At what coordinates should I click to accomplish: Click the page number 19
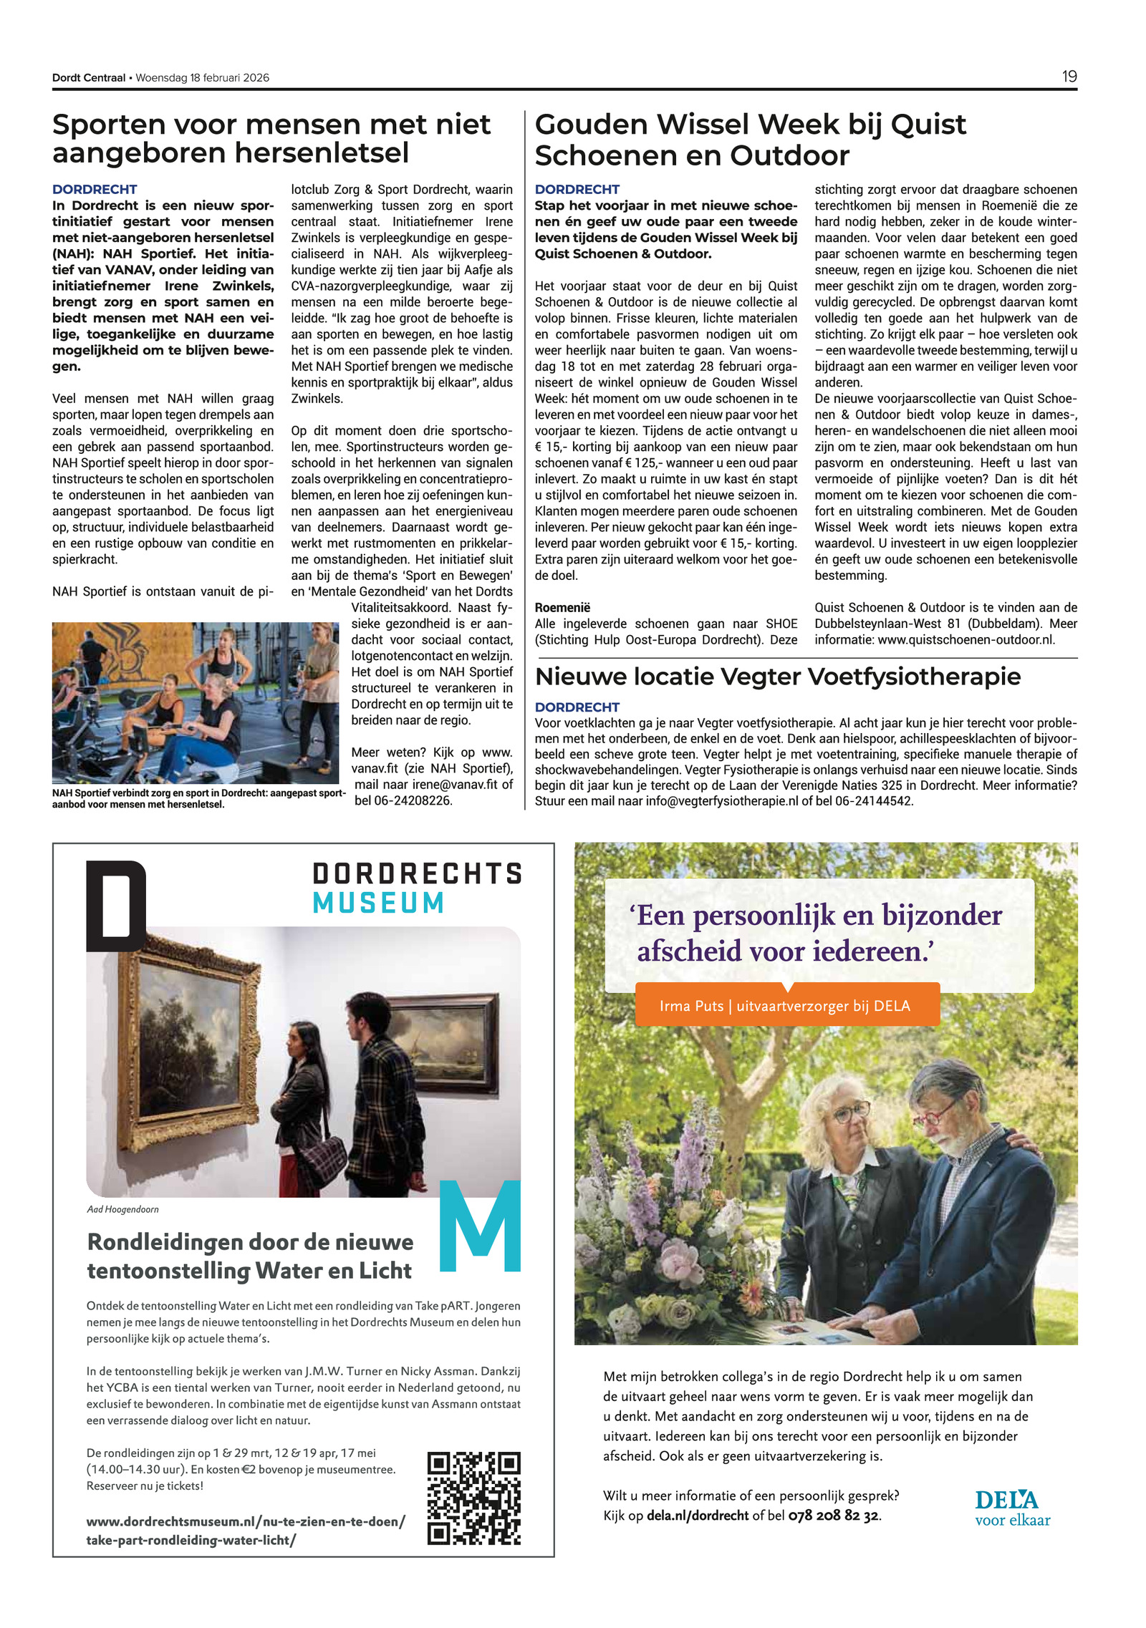[1069, 77]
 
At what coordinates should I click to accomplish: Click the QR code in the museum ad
[473, 1498]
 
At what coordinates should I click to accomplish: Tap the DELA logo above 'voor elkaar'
[1006, 1499]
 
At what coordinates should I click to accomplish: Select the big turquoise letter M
[480, 1226]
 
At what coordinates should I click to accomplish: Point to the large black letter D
[116, 906]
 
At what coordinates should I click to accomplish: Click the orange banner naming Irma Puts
[786, 1005]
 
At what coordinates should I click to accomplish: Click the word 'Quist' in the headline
[928, 125]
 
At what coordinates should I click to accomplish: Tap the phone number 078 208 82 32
[833, 1516]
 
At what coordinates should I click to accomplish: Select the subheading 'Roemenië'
[562, 607]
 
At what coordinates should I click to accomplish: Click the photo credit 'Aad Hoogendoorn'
[122, 1209]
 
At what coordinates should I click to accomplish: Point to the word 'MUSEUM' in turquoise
[378, 903]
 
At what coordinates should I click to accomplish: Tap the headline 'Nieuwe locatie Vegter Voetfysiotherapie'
[778, 677]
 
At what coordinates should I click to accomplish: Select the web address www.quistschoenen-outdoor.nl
[966, 639]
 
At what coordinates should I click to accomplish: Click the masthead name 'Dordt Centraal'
[88, 77]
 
